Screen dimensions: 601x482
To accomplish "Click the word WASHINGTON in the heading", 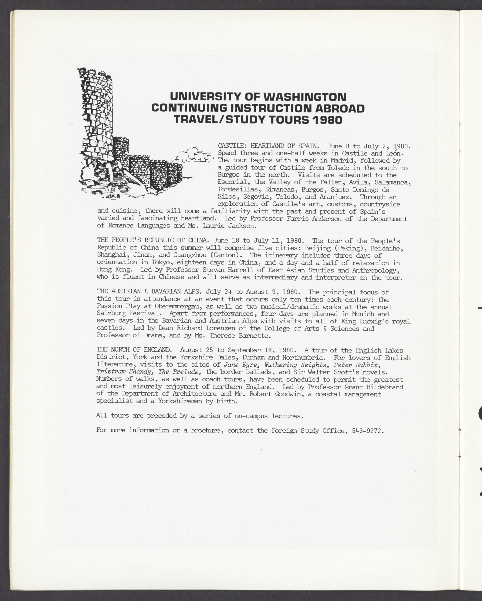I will [305, 97].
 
